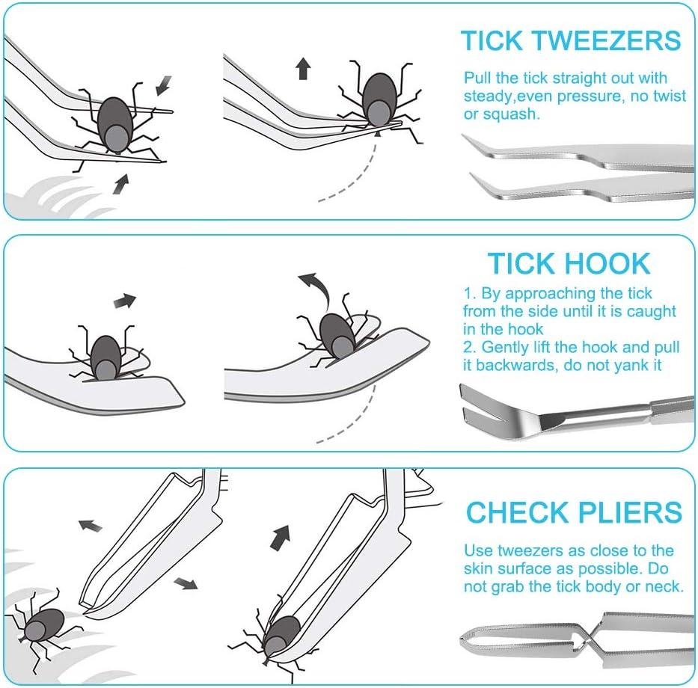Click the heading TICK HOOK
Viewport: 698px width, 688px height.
(569, 263)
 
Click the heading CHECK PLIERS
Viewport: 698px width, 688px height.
(574, 512)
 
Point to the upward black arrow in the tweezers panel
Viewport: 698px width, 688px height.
(303, 70)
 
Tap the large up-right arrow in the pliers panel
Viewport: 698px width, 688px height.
(281, 535)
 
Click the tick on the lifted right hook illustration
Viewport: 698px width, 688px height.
(338, 335)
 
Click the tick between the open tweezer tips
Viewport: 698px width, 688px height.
(115, 124)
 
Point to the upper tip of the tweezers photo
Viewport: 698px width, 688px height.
(468, 139)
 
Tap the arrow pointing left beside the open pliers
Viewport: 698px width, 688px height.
(91, 525)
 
